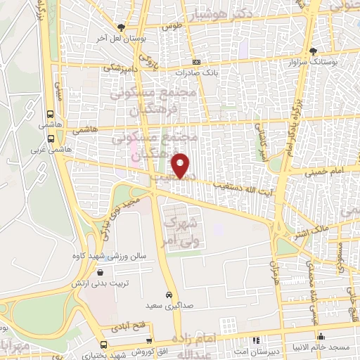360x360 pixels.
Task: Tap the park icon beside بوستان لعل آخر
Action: pos(122,27)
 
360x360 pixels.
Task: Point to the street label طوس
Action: pos(167,26)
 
